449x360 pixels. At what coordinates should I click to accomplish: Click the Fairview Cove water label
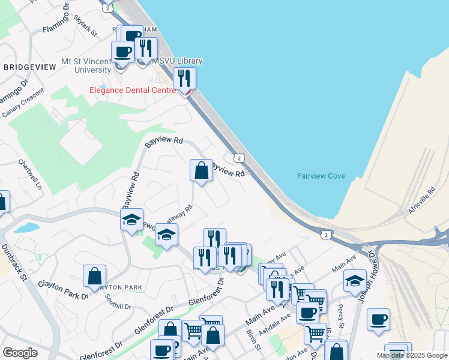pyautogui.click(x=321, y=176)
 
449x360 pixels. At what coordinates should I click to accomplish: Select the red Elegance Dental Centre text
pyautogui.click(x=133, y=90)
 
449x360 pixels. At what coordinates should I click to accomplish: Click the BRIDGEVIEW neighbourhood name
pyautogui.click(x=29, y=67)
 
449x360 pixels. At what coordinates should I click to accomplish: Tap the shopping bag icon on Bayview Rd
pyautogui.click(x=201, y=170)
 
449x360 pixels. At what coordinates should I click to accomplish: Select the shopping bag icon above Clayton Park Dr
pyautogui.click(x=94, y=276)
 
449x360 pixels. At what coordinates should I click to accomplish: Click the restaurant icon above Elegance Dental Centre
pyautogui.click(x=184, y=78)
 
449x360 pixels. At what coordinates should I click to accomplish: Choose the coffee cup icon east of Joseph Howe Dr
pyautogui.click(x=378, y=320)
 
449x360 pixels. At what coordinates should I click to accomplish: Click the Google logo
pyautogui.click(x=20, y=353)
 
